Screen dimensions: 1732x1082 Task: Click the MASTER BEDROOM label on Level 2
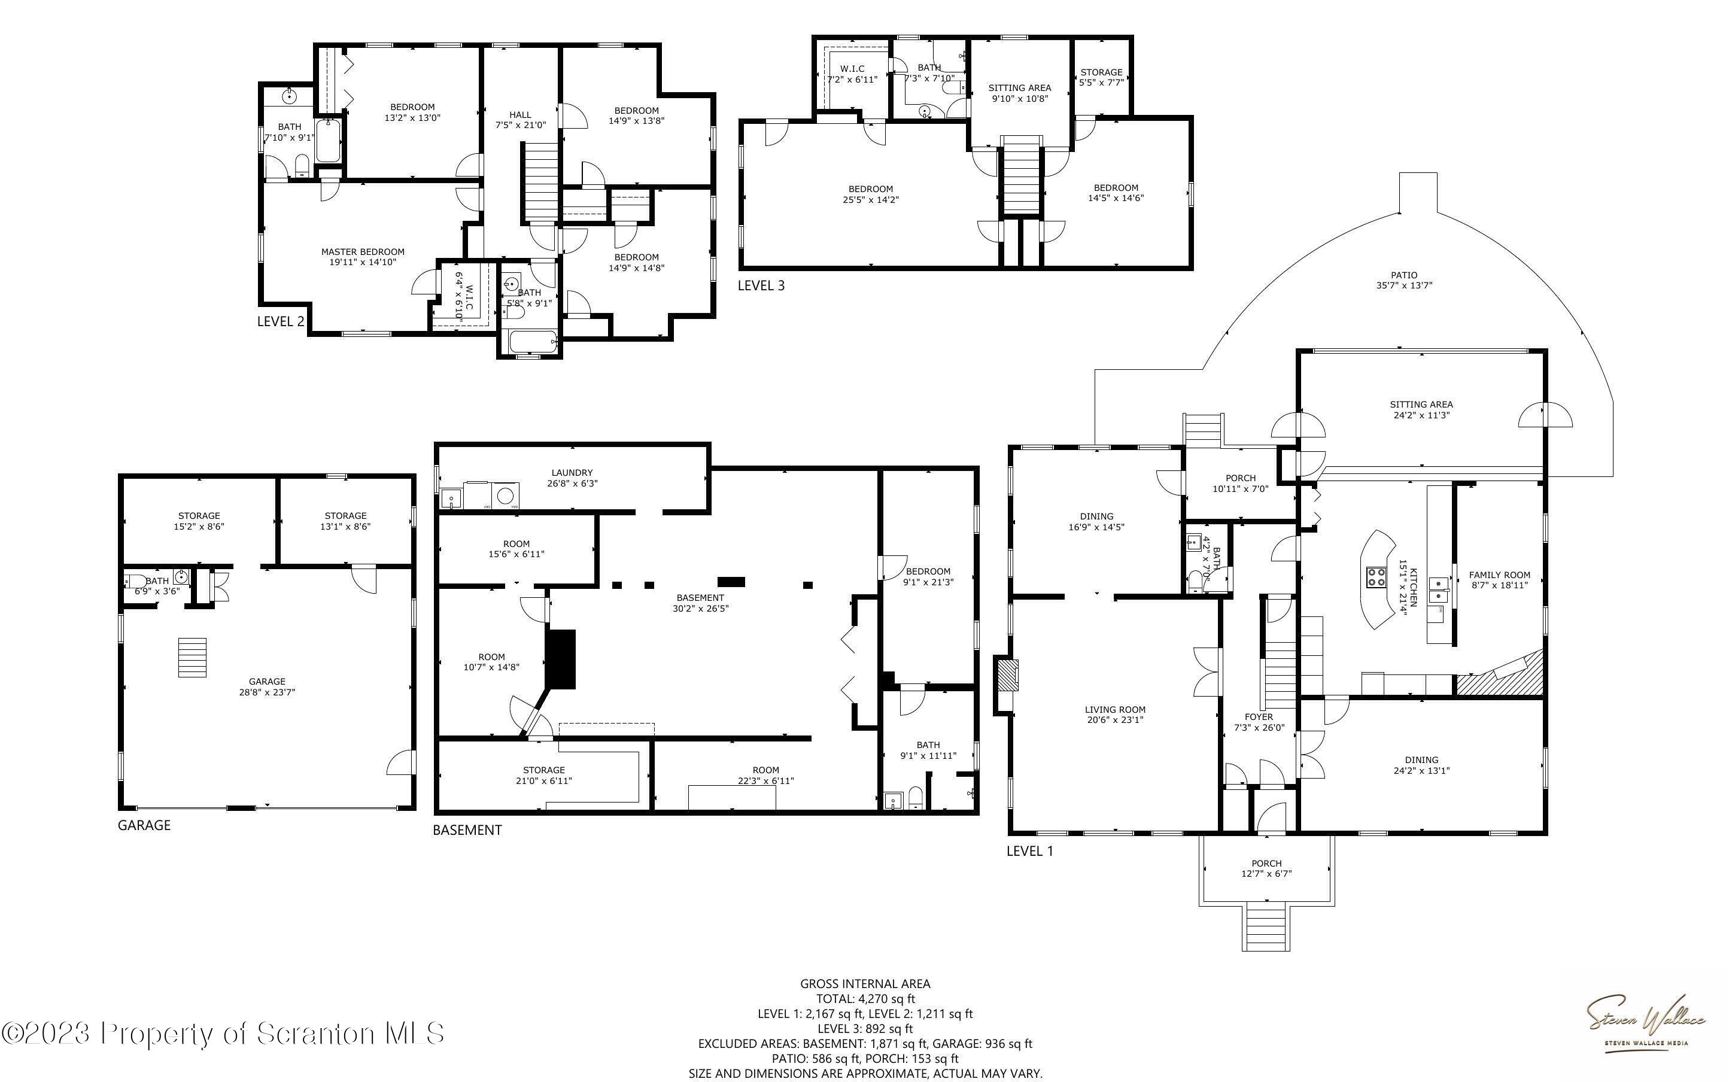click(x=363, y=252)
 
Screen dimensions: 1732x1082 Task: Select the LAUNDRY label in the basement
click(x=572, y=472)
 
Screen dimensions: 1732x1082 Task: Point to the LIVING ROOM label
click(x=1116, y=710)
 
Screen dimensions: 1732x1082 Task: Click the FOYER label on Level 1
click(x=1259, y=717)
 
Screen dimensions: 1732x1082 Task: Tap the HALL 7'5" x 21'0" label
click(x=520, y=120)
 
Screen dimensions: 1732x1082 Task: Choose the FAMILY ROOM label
click(x=1500, y=575)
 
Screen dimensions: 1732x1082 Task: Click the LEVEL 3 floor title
click(x=761, y=285)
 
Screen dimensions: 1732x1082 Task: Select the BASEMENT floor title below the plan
click(x=467, y=830)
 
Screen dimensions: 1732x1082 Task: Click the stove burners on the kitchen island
click(x=1377, y=576)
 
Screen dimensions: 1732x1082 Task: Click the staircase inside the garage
click(x=192, y=657)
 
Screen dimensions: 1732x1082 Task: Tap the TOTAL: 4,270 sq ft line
click(x=865, y=998)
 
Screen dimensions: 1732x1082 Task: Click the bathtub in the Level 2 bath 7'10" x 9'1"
click(x=327, y=142)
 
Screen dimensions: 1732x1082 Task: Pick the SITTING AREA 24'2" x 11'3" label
click(x=1421, y=409)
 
